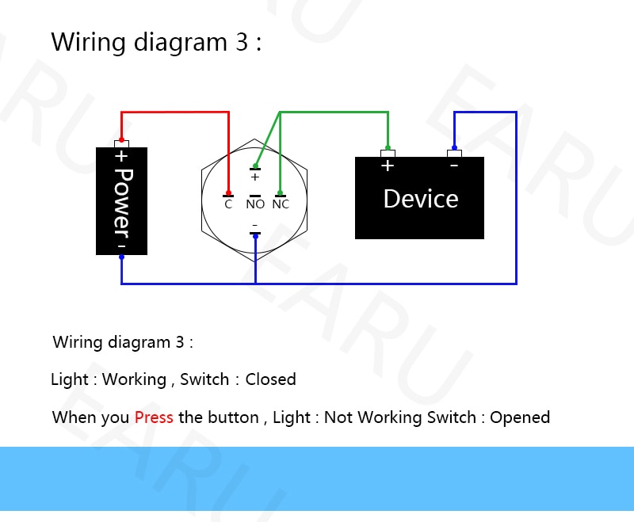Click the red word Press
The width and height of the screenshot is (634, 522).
coord(154,417)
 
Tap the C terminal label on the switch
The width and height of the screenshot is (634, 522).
coord(228,204)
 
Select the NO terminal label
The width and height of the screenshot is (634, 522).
coord(255,204)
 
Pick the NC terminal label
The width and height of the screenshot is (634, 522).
coord(281,204)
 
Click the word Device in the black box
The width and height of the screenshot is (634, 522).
coord(420,199)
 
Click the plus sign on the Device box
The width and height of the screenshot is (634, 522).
coord(388,166)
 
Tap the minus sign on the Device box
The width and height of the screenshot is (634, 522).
coord(454,166)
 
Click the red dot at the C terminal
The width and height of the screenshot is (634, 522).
coord(228,193)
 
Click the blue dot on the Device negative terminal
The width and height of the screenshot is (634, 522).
coord(454,147)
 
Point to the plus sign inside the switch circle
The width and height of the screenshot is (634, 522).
coord(255,177)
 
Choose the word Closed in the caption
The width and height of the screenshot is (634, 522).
coord(270,379)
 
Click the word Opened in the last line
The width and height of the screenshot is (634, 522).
coord(520,417)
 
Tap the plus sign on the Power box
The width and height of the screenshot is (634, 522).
coord(121,156)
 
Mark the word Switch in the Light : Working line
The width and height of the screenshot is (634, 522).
coord(204,379)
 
